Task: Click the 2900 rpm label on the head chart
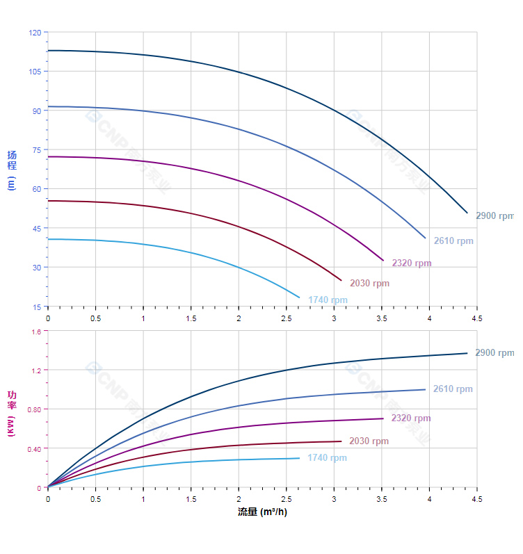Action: (494, 216)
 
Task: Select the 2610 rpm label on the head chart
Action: (453, 241)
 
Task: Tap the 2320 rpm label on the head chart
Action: (411, 263)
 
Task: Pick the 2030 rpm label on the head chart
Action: (369, 284)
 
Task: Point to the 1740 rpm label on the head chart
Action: (328, 300)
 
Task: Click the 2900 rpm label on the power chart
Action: (494, 353)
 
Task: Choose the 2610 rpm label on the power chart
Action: (453, 389)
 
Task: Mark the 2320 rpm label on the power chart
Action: (411, 418)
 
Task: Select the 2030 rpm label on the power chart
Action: (369, 441)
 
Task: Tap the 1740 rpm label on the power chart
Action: (327, 458)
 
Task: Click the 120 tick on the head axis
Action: (35, 33)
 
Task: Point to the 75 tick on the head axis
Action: (37, 149)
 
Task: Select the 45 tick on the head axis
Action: (37, 229)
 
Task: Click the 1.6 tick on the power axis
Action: (36, 332)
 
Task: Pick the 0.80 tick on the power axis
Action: (34, 409)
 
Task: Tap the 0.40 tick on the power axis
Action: (34, 448)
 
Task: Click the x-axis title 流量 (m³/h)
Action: (262, 512)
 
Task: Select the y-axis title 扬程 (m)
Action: (11, 170)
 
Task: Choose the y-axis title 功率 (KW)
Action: (11, 413)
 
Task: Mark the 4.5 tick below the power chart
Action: (476, 499)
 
